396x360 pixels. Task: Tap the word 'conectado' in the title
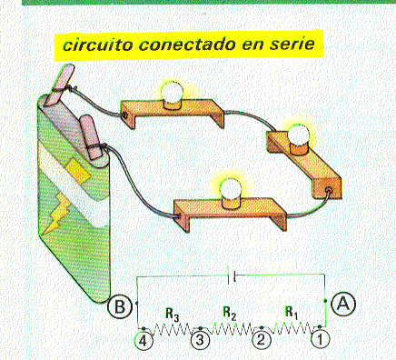click(187, 45)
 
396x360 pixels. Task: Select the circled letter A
click(343, 304)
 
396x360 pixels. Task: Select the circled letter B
click(120, 306)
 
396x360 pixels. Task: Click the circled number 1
click(320, 340)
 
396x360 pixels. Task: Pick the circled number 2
click(261, 340)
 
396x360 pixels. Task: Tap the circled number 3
click(200, 340)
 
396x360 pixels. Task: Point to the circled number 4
click(144, 341)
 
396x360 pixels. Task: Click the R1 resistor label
click(292, 313)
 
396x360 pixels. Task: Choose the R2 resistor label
click(229, 313)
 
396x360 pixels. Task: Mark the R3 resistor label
click(173, 315)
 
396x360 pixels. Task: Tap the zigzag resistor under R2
click(233, 328)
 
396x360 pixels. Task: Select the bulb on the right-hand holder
click(299, 135)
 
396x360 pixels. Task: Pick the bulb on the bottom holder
click(230, 189)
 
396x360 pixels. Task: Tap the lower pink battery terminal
click(90, 136)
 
